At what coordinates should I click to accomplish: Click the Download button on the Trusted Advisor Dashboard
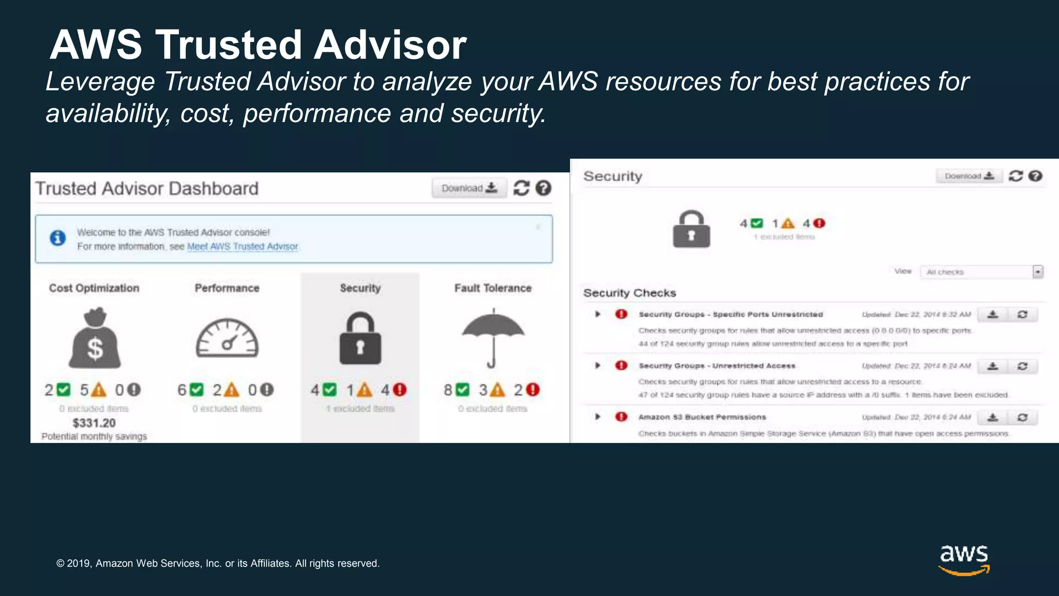(x=469, y=188)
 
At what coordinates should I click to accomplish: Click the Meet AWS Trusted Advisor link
(x=243, y=247)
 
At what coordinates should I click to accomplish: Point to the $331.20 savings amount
(x=94, y=423)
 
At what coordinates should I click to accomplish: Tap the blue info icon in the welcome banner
(x=57, y=238)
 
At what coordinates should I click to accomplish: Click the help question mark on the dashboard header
(x=543, y=188)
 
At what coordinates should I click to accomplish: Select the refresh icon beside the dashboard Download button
(x=521, y=188)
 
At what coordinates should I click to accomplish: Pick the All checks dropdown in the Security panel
(x=981, y=272)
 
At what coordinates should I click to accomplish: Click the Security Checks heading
(x=629, y=293)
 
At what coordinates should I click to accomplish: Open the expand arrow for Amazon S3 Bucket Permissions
(x=598, y=417)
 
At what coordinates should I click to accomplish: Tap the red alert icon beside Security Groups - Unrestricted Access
(x=621, y=366)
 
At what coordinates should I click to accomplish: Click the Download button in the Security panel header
(x=969, y=176)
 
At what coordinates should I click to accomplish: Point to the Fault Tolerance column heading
(x=493, y=288)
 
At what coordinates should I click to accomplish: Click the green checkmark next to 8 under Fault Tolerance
(x=463, y=390)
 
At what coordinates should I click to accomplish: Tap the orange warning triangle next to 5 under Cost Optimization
(x=98, y=390)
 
